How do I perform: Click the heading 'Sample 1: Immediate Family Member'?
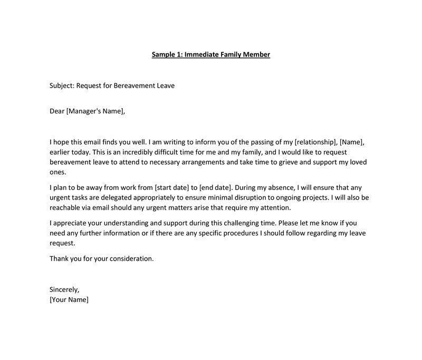211,54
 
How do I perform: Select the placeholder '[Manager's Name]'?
95,111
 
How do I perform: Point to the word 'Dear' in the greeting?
56,111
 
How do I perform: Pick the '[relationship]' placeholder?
315,143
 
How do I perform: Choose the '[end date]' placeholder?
215,187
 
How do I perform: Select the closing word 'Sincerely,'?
64,290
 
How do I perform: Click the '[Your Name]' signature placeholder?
69,300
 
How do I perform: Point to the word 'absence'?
279,187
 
